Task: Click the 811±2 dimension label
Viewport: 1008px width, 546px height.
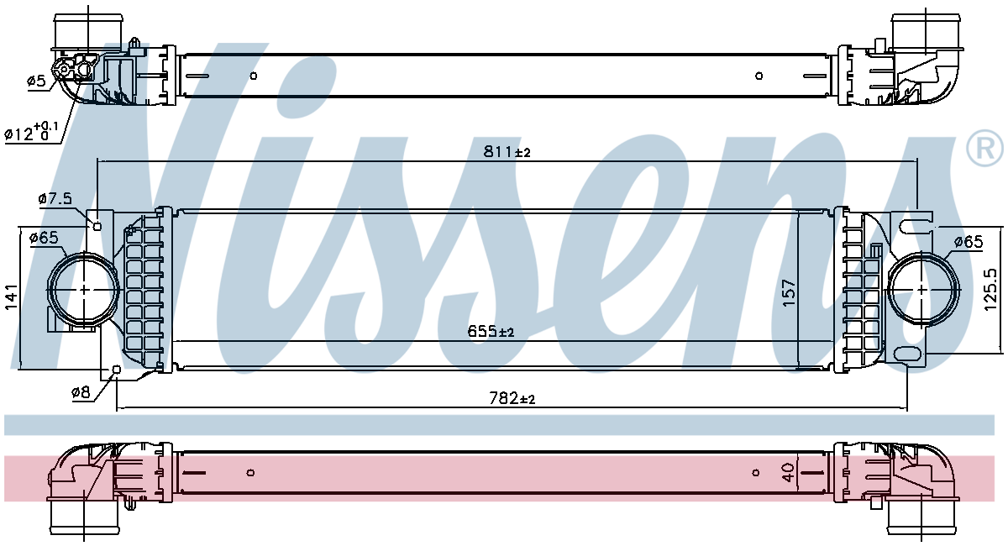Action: tap(507, 152)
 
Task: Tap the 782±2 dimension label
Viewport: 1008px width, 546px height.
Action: tap(512, 398)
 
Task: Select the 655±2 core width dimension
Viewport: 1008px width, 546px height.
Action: tap(491, 331)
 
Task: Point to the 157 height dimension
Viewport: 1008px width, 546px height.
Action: tap(790, 293)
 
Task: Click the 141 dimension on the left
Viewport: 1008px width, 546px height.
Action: tap(11, 297)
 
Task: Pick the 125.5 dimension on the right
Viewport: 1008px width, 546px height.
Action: tap(990, 290)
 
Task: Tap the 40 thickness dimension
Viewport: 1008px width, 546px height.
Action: tap(788, 473)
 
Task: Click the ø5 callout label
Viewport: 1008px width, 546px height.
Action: tap(36, 81)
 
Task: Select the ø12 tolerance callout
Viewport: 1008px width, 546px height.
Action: tap(31, 131)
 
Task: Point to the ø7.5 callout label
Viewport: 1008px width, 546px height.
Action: tap(55, 198)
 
